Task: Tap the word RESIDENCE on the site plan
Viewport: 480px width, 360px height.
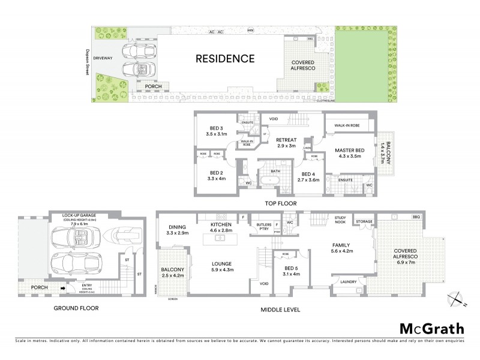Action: [x=225, y=59]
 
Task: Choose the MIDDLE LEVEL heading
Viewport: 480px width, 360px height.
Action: [x=280, y=310]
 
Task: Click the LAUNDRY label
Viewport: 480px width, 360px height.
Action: [x=348, y=281]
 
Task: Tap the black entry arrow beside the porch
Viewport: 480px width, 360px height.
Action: [x=62, y=289]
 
